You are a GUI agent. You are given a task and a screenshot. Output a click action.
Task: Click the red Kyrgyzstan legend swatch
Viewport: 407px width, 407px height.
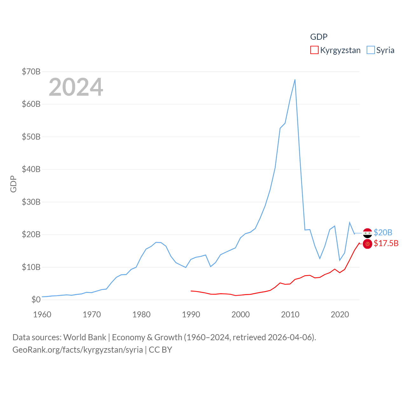[x=314, y=50]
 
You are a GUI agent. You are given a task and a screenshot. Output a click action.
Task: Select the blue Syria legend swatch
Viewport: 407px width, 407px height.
[x=371, y=50]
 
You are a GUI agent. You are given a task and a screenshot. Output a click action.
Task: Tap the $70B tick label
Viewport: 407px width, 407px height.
[x=31, y=72]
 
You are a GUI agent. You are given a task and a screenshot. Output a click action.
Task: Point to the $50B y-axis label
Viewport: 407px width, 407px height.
[x=31, y=137]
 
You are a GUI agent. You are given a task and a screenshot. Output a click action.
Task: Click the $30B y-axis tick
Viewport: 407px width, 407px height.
[x=31, y=202]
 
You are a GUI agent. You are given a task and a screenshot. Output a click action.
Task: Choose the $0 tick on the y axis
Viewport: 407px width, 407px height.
[x=36, y=300]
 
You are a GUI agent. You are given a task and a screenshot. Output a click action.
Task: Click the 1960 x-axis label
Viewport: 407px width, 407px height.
[x=42, y=314]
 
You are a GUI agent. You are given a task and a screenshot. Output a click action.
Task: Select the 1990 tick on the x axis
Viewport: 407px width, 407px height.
[x=191, y=314]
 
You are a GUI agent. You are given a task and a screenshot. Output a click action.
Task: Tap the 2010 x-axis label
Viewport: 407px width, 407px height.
[x=290, y=314]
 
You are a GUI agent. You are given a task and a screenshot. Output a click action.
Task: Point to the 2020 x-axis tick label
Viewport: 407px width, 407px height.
[x=340, y=314]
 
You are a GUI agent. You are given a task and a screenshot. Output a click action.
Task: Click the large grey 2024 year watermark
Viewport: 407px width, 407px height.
[x=76, y=87]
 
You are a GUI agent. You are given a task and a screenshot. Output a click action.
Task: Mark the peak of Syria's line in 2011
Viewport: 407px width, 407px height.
[x=295, y=79]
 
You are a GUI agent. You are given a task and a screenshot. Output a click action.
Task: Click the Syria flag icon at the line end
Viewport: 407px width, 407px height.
[x=368, y=233]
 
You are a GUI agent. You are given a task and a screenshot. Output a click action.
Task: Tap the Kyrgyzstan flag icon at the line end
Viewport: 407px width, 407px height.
[x=368, y=244]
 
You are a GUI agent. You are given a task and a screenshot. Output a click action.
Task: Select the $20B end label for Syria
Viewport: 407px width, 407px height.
[x=383, y=232]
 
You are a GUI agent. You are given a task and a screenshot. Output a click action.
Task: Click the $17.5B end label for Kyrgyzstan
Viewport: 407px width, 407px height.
[x=386, y=243]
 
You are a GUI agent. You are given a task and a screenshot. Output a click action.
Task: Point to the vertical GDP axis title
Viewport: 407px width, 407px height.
[x=13, y=184]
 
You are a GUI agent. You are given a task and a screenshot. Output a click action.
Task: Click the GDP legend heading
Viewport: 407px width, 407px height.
[x=319, y=37]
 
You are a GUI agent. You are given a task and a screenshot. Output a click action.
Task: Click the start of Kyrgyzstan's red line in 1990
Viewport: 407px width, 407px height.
[x=191, y=291]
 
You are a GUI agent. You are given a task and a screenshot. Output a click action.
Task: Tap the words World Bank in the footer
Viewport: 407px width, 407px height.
[x=85, y=337]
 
